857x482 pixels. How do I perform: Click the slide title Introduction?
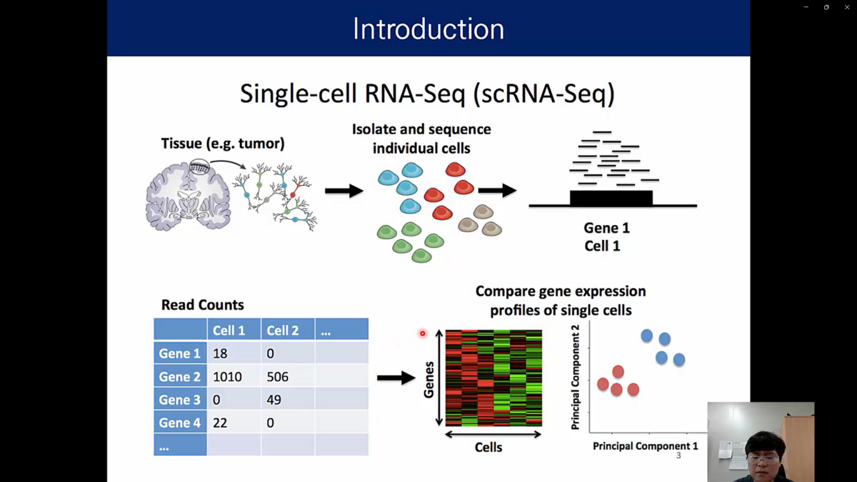(x=428, y=29)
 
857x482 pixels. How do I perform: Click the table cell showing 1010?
(x=234, y=376)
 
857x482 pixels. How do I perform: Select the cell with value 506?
(x=288, y=376)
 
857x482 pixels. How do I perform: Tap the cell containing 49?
(x=288, y=399)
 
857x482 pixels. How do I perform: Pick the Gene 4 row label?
(x=180, y=422)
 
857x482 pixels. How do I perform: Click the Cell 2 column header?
(x=288, y=330)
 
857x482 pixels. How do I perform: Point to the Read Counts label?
(x=202, y=305)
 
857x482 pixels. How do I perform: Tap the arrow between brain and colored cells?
(x=344, y=191)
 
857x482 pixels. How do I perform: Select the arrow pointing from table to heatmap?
(x=396, y=378)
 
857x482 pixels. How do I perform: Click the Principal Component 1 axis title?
(x=646, y=446)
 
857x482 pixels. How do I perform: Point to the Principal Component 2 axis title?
(x=575, y=377)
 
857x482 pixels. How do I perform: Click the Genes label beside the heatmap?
(x=429, y=379)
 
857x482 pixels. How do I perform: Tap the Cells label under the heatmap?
(x=488, y=447)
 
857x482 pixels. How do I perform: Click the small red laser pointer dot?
(x=422, y=333)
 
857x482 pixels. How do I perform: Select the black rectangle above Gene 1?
(x=611, y=198)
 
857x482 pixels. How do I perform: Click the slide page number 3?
(x=678, y=456)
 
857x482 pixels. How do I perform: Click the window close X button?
(x=847, y=7)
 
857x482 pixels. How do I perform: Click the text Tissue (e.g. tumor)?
(x=223, y=144)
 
